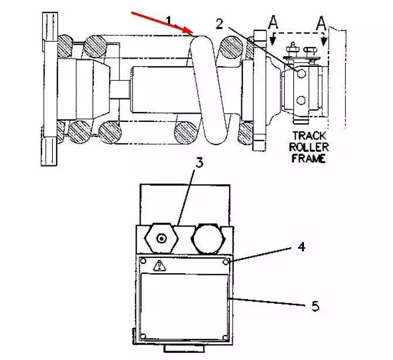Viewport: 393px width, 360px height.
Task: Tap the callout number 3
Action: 199,164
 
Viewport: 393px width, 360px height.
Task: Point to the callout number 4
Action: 301,248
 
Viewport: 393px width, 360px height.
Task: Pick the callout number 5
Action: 315,306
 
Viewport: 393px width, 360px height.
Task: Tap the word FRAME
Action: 309,158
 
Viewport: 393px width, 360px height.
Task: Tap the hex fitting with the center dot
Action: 161,237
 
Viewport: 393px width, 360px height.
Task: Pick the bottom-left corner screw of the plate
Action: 143,336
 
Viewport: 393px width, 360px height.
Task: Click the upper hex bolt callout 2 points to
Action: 300,73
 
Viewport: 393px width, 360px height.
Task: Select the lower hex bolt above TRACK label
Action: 300,100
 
